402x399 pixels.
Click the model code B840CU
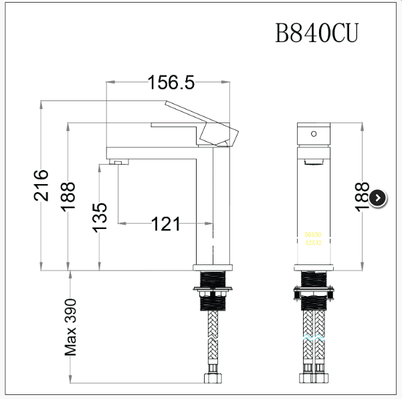(x=317, y=33)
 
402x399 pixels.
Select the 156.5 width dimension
(x=171, y=82)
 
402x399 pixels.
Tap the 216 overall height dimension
(x=41, y=185)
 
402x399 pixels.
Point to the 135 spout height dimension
(x=99, y=217)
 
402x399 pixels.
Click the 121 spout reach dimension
(x=166, y=224)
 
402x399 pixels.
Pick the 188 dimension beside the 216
(x=68, y=196)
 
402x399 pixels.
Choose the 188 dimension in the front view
(x=362, y=197)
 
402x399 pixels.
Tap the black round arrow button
(x=378, y=197)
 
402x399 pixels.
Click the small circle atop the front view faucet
(x=312, y=134)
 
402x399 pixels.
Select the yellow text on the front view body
(x=313, y=240)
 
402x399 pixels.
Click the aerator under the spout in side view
(x=118, y=161)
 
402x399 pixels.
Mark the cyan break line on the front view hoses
(x=313, y=338)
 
